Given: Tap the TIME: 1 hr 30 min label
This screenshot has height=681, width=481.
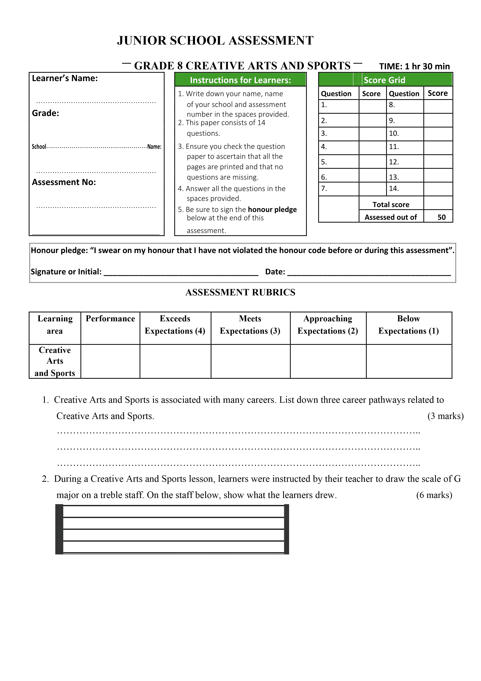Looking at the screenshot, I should [x=414, y=66].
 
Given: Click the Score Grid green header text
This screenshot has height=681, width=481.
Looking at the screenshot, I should [x=384, y=80].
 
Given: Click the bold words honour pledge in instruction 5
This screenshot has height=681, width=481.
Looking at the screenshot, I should [x=272, y=209].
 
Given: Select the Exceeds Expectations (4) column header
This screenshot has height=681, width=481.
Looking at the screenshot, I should [x=175, y=325].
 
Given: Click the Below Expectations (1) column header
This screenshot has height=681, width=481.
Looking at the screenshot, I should [x=408, y=325].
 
